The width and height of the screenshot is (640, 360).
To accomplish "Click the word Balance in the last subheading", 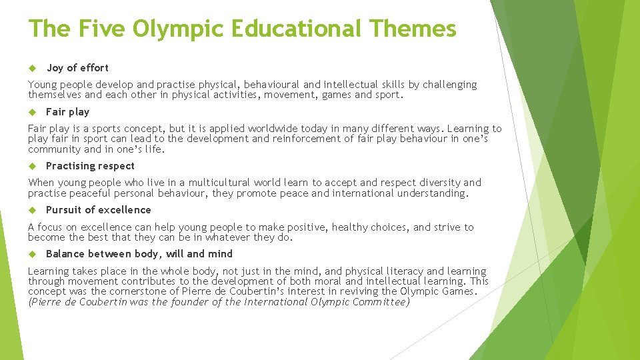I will (x=65, y=254).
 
